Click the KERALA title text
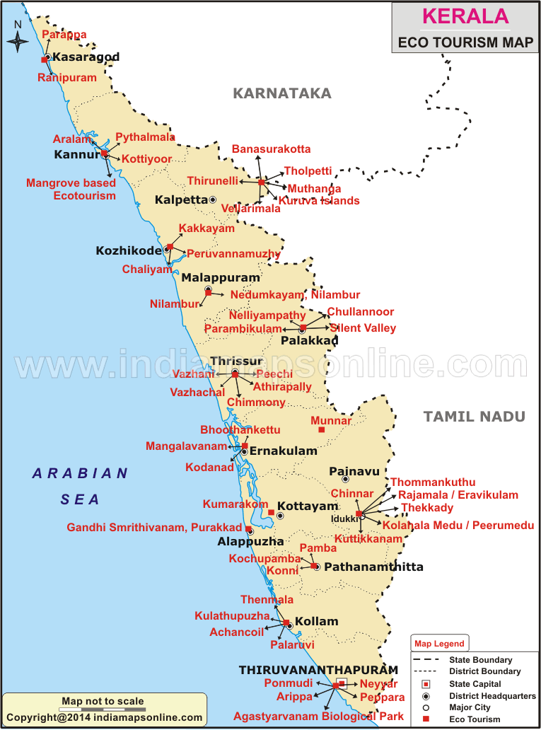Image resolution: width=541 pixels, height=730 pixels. [465, 16]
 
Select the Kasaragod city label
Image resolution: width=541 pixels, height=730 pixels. [86, 57]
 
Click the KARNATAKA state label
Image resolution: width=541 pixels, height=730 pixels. [283, 93]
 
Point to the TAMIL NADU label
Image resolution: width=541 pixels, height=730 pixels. [475, 417]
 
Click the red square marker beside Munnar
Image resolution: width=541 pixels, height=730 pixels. [322, 429]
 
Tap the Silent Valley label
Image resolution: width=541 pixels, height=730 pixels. [363, 328]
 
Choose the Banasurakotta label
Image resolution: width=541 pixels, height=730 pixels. [271, 149]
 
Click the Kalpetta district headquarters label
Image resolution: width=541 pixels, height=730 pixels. [181, 200]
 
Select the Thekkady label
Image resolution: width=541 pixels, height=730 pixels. [427, 508]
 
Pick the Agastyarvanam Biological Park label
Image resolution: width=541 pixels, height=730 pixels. [318, 716]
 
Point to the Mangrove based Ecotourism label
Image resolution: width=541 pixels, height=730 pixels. [71, 189]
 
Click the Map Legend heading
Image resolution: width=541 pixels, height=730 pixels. [439, 644]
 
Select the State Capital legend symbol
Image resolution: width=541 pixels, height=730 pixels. [426, 684]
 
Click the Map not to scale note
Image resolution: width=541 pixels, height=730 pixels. [103, 702]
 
